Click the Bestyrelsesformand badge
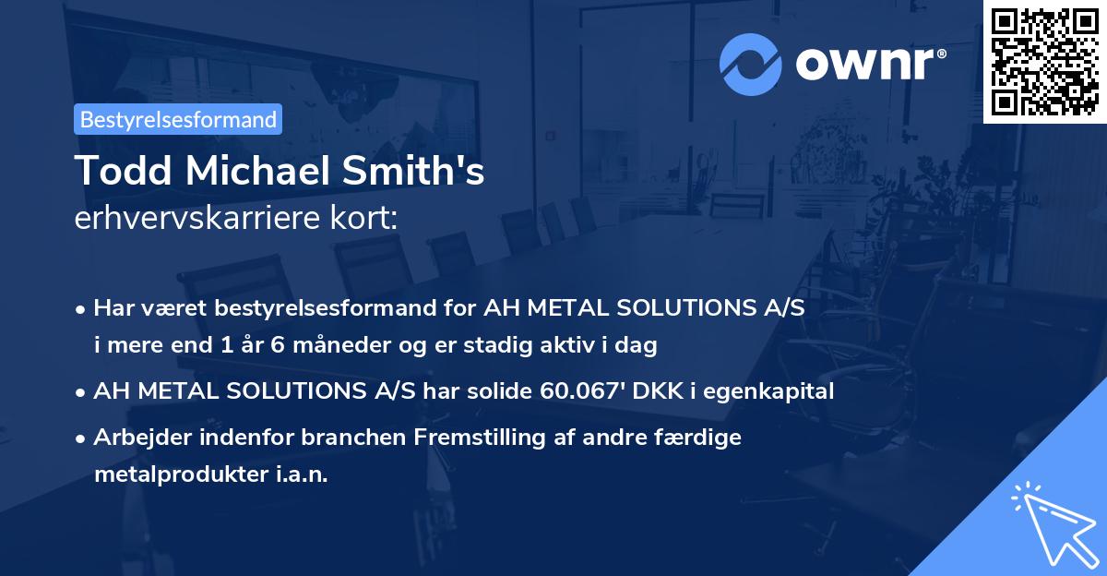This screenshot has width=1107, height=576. pyautogui.click(x=178, y=119)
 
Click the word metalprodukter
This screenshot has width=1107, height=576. pyautogui.click(x=173, y=474)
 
